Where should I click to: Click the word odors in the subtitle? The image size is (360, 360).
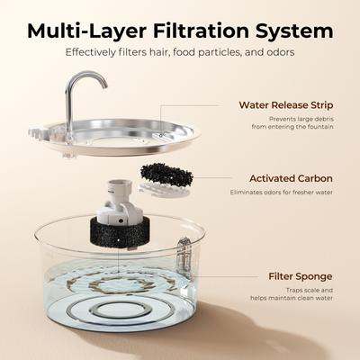pyautogui.click(x=276, y=52)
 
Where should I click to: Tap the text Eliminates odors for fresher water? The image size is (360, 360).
pyautogui.click(x=286, y=192)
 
